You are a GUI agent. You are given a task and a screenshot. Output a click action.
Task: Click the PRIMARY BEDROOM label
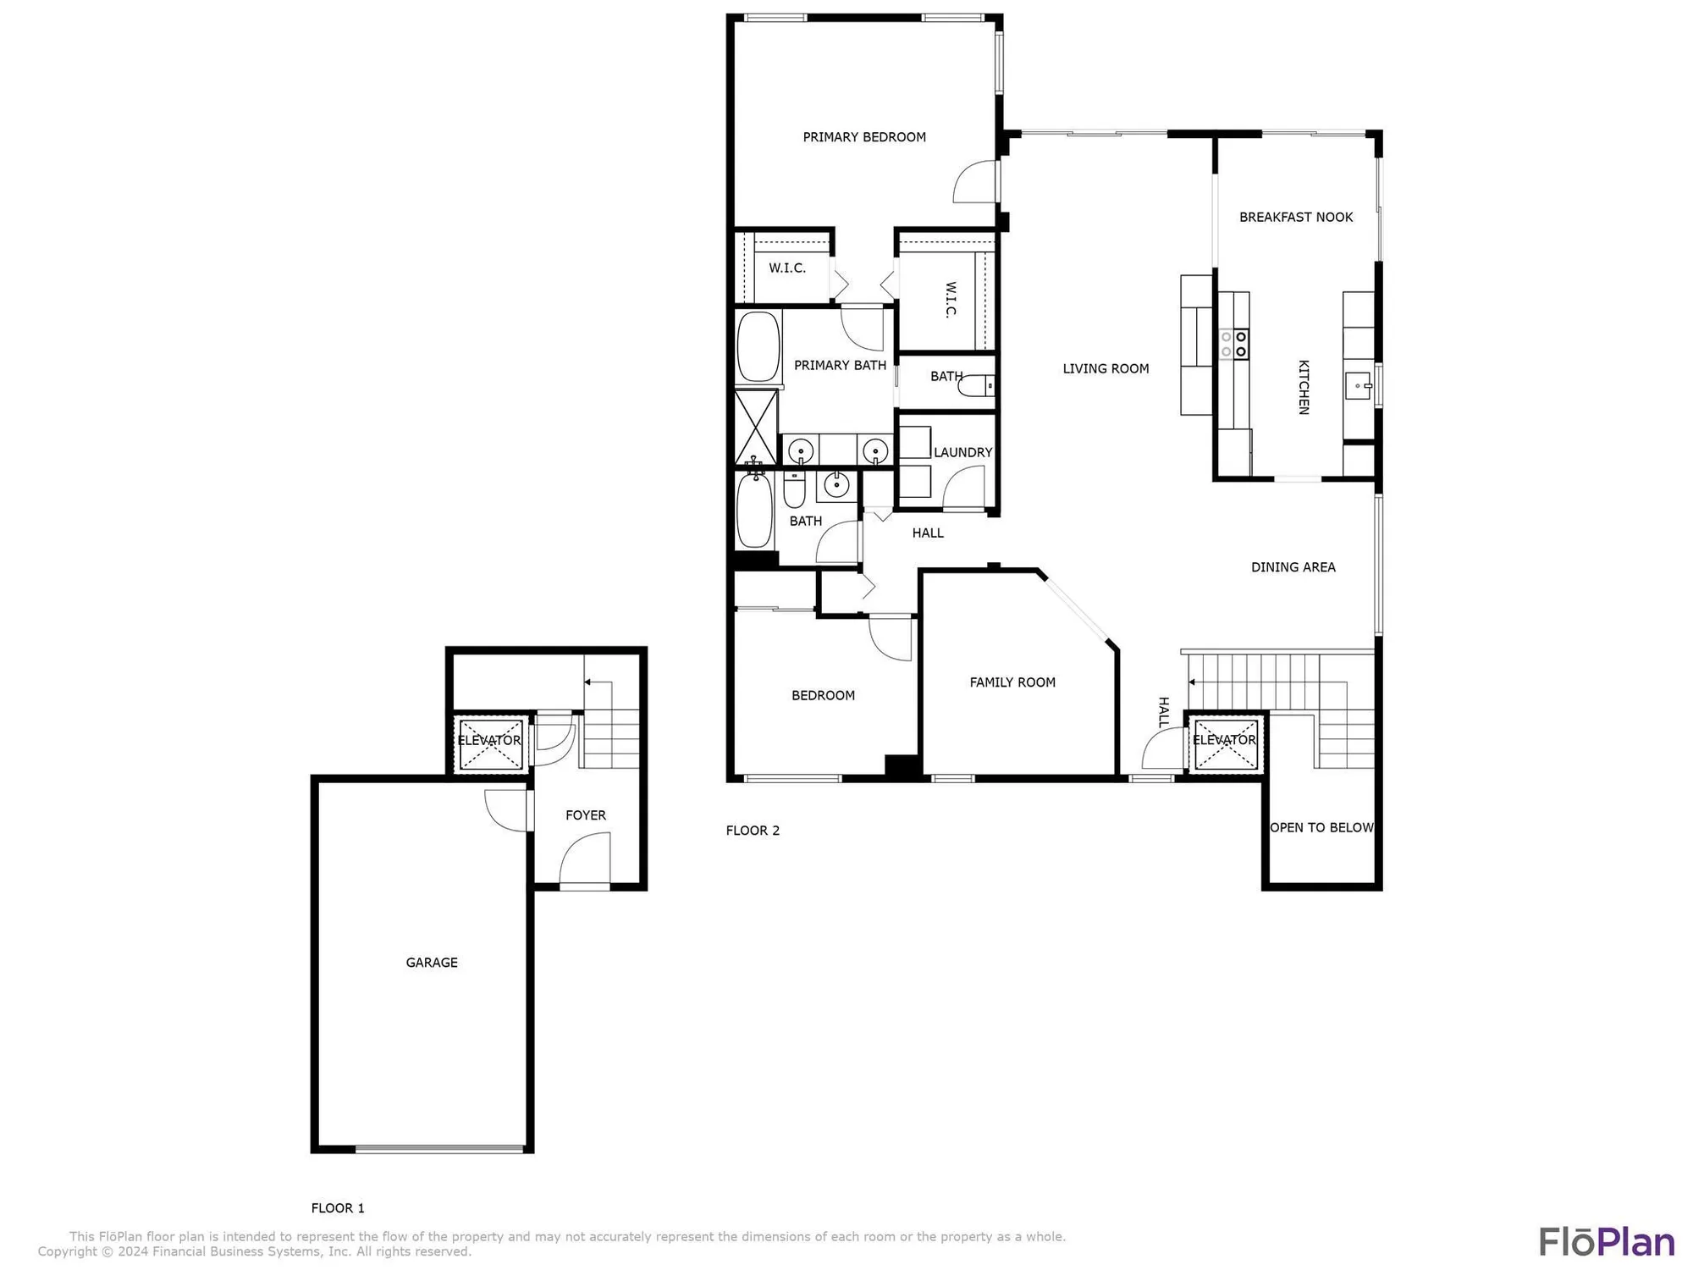tap(864, 137)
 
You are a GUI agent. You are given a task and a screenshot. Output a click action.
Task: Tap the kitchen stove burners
tap(1234, 344)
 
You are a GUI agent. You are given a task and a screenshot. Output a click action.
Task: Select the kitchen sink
tap(1359, 385)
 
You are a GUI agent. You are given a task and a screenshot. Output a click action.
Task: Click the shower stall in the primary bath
tap(756, 427)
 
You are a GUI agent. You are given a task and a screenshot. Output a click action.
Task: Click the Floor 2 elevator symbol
tap(1225, 744)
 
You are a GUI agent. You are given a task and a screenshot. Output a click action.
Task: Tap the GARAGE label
tap(432, 963)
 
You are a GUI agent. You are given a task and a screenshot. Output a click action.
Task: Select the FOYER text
tap(586, 815)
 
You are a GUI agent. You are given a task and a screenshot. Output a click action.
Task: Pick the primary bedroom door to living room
tap(976, 182)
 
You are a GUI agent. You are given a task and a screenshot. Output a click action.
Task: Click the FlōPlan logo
tap(1606, 1242)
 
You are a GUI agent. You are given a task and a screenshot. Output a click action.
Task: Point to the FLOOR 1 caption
tap(338, 1208)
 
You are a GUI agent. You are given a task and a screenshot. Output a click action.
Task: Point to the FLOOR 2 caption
tap(753, 831)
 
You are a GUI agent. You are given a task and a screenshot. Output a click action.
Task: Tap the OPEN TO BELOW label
tap(1321, 828)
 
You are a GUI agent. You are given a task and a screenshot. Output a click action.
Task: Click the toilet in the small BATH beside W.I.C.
tap(978, 386)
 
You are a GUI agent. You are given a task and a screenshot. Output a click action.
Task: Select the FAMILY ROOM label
tap(1012, 682)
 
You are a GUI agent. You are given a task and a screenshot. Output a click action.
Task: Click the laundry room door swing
tap(963, 489)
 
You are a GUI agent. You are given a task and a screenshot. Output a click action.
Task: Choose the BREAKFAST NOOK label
tap(1296, 218)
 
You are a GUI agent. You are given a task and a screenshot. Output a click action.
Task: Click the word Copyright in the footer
tap(68, 1251)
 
